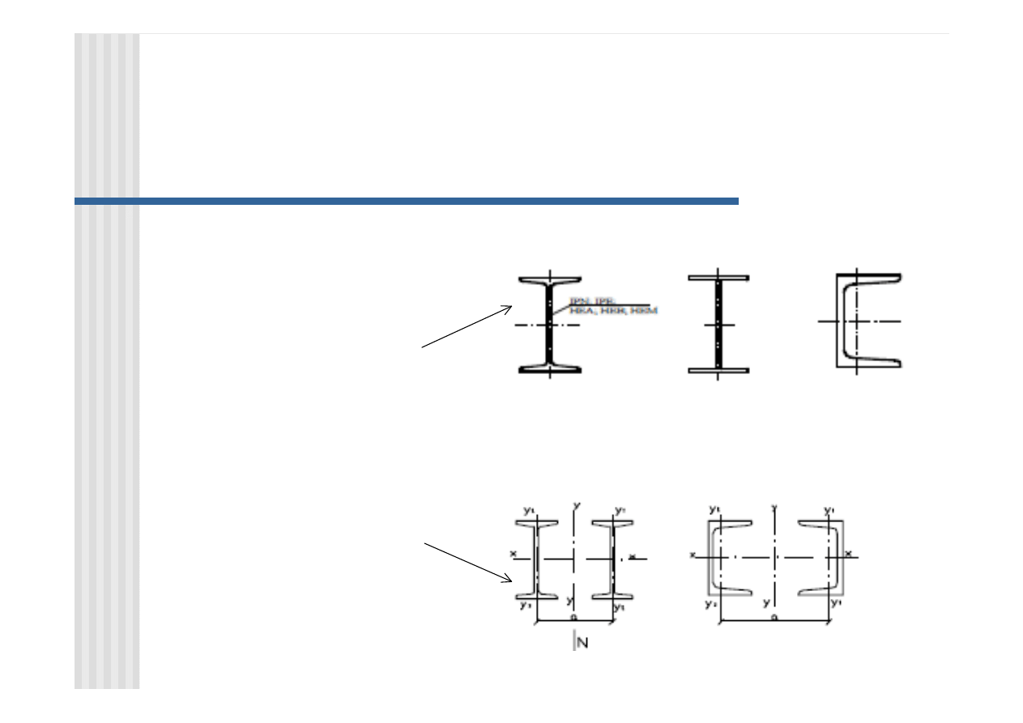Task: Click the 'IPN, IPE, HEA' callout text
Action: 612,306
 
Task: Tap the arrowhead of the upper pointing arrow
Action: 509,307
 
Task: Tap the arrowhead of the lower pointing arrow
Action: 509,579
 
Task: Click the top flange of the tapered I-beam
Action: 550,280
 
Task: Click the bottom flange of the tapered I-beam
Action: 550,368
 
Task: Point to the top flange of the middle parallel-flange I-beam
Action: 718,278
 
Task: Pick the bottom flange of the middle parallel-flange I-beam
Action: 718,370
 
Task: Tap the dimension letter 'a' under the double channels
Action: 774,617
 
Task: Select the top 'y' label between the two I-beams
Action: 576,505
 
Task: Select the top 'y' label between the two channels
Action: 775,508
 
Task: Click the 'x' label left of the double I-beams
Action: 514,554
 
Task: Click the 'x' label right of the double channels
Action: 849,554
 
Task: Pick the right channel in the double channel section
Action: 822,559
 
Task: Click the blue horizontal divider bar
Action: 406,201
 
